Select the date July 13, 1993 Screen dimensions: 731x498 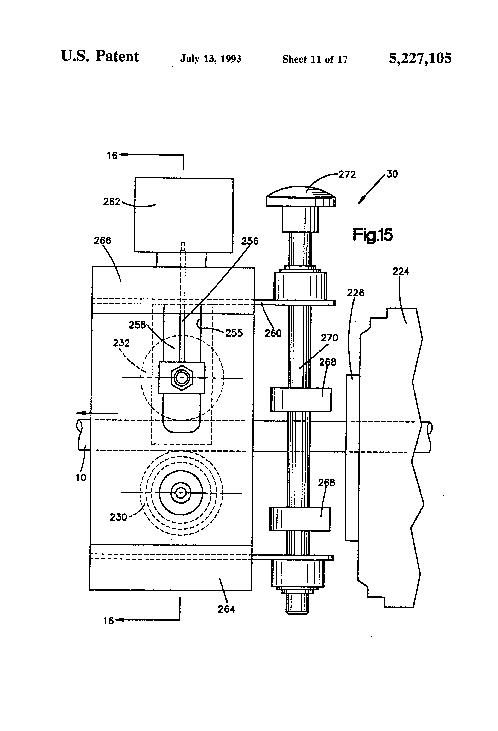[211, 59]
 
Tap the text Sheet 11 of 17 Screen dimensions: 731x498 [314, 59]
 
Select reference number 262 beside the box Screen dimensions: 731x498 [112, 202]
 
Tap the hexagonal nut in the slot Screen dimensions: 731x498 [182, 378]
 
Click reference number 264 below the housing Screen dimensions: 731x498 [226, 609]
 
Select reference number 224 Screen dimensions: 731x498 [401, 271]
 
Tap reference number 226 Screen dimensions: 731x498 [355, 293]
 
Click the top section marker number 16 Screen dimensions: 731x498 [112, 155]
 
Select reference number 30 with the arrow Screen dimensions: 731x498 [392, 174]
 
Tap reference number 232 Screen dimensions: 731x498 [121, 343]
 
